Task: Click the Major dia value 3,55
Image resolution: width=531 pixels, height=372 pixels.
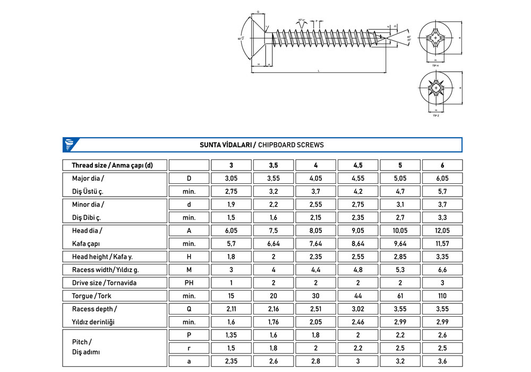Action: click(x=273, y=179)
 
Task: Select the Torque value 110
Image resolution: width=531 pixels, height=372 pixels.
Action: click(x=442, y=296)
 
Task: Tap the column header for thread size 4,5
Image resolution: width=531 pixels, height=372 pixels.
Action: click(x=358, y=165)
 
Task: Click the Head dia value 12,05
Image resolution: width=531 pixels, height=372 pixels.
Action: click(x=442, y=231)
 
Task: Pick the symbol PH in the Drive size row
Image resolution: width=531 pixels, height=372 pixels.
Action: click(x=189, y=283)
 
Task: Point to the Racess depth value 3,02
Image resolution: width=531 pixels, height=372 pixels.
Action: click(x=358, y=309)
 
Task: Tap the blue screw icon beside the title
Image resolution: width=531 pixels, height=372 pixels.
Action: click(x=70, y=145)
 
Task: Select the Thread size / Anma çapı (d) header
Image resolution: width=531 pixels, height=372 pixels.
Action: click(x=112, y=165)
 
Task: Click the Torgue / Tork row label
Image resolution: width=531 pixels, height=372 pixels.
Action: click(x=91, y=296)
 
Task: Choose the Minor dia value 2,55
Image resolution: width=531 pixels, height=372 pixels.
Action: click(x=315, y=204)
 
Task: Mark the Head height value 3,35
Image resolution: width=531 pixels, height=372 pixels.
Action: click(x=442, y=257)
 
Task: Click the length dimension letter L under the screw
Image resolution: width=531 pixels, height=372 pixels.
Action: click(x=318, y=70)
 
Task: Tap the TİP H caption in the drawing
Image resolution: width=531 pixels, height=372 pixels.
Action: click(x=435, y=65)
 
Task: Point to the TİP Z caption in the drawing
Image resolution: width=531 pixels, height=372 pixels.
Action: click(x=435, y=115)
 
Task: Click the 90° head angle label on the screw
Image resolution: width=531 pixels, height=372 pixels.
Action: click(x=241, y=39)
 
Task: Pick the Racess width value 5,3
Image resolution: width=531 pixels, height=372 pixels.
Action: click(x=400, y=270)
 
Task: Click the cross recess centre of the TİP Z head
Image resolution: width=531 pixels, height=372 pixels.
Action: click(x=435, y=88)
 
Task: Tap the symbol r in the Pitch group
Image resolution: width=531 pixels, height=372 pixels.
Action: click(x=189, y=348)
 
